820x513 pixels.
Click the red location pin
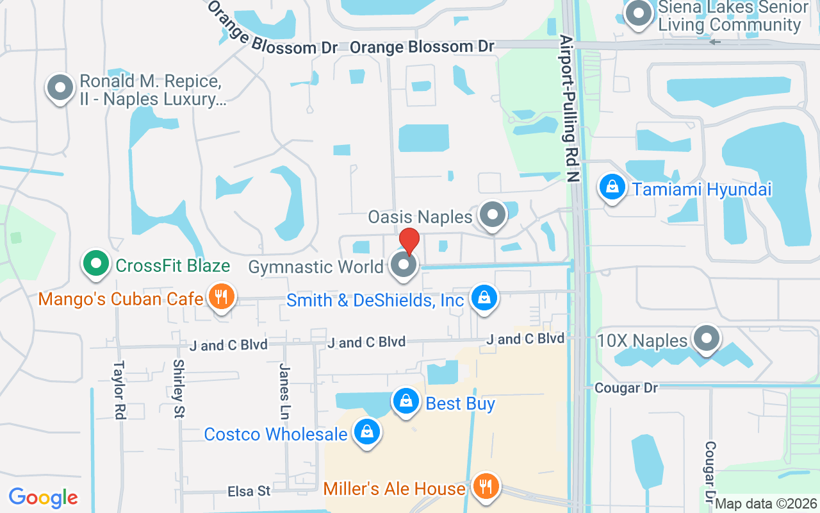click(409, 240)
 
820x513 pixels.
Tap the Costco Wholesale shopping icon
click(366, 432)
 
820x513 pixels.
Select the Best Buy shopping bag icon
click(406, 401)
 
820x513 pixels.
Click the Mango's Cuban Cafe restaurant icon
click(221, 297)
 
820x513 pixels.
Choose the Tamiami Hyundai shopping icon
click(612, 187)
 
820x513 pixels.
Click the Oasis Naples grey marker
click(493, 215)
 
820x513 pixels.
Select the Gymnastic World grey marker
click(404, 264)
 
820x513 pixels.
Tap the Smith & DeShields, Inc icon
click(485, 298)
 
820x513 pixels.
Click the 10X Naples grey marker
click(707, 338)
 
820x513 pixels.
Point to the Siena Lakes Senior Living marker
click(638, 14)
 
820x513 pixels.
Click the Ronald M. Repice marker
click(61, 87)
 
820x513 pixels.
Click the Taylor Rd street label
click(119, 390)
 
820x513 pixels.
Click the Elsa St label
click(249, 492)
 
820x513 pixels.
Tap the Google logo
click(44, 498)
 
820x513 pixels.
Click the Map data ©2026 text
click(766, 504)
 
